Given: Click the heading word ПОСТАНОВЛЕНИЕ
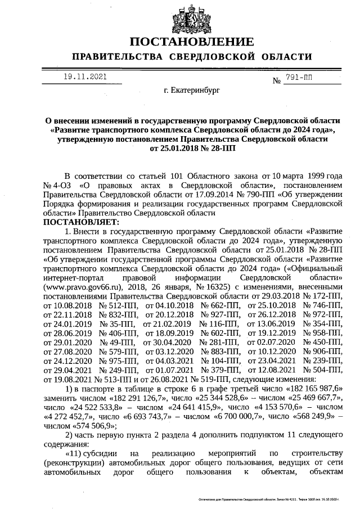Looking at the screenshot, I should pyautogui.click(x=191, y=43).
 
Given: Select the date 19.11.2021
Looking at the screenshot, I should pyautogui.click(x=84, y=76).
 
